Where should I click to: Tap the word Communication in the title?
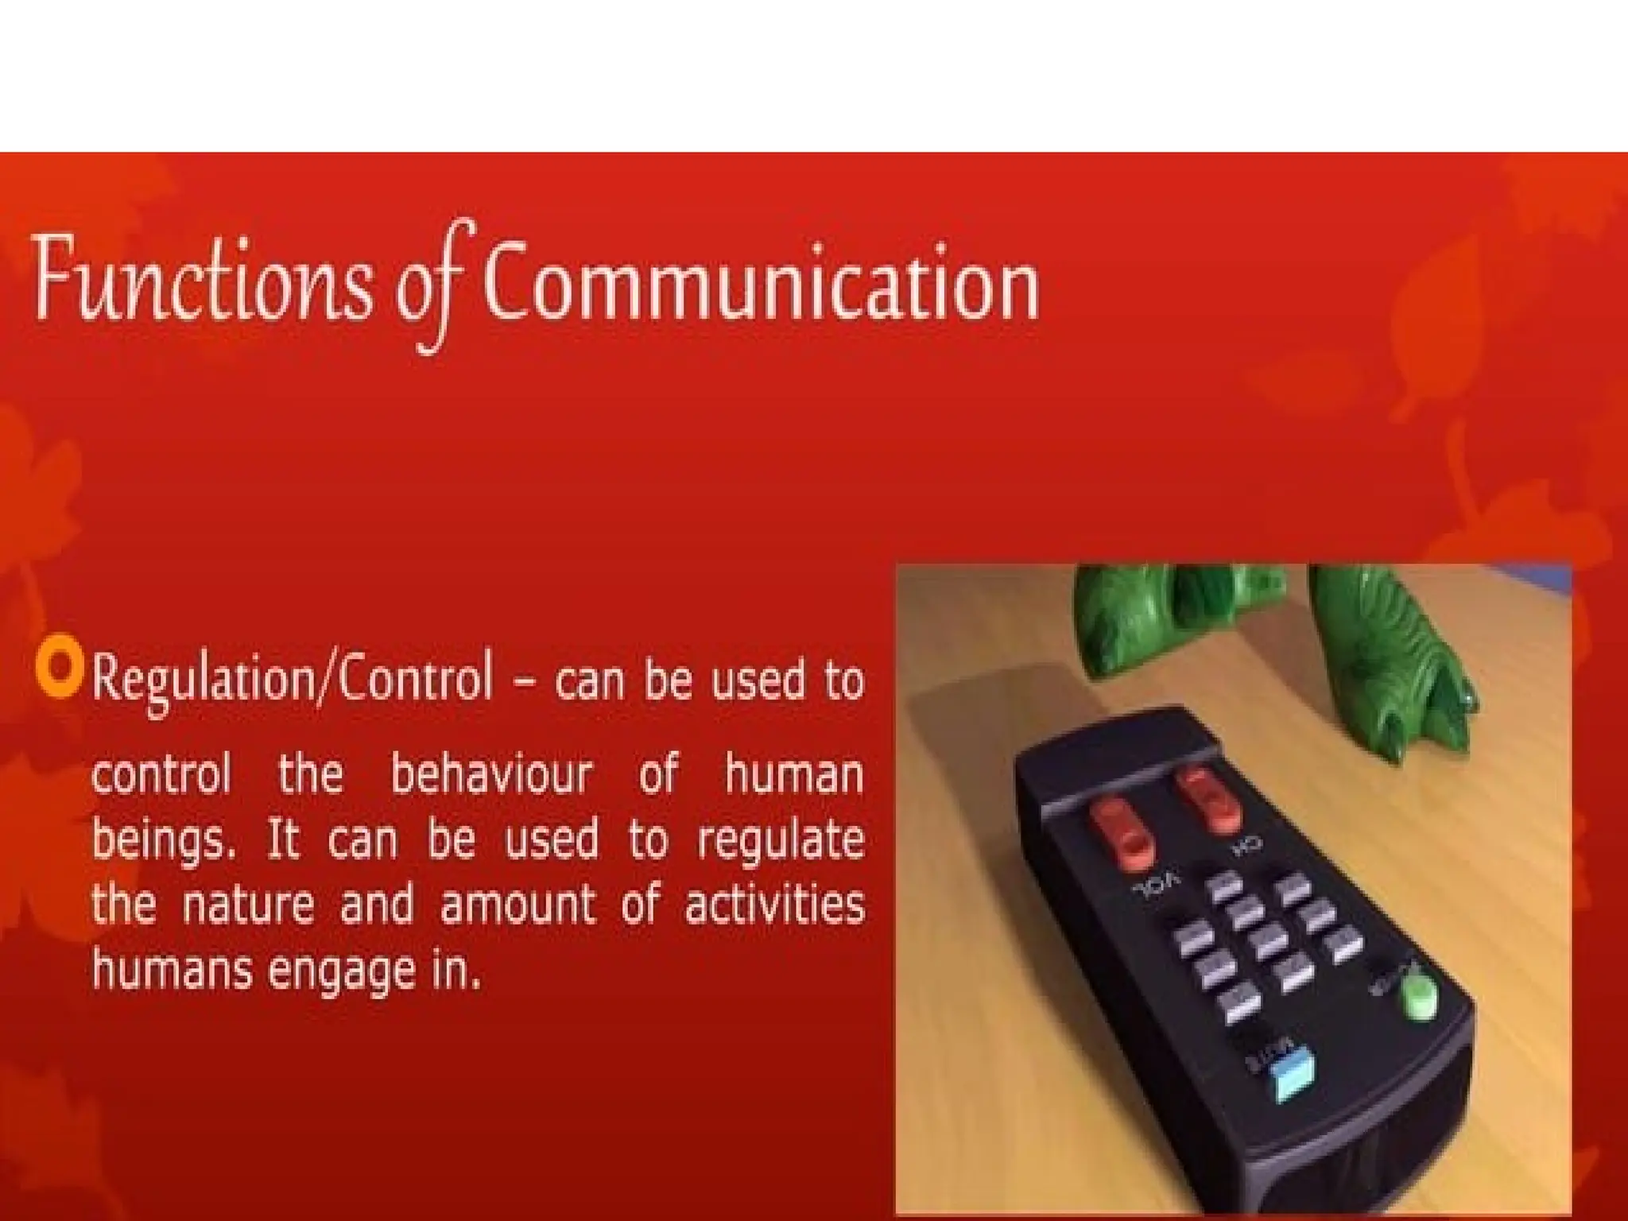pos(760,283)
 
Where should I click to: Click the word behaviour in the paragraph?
pos(491,774)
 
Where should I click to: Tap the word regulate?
pos(781,841)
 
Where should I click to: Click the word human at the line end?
pos(793,774)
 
